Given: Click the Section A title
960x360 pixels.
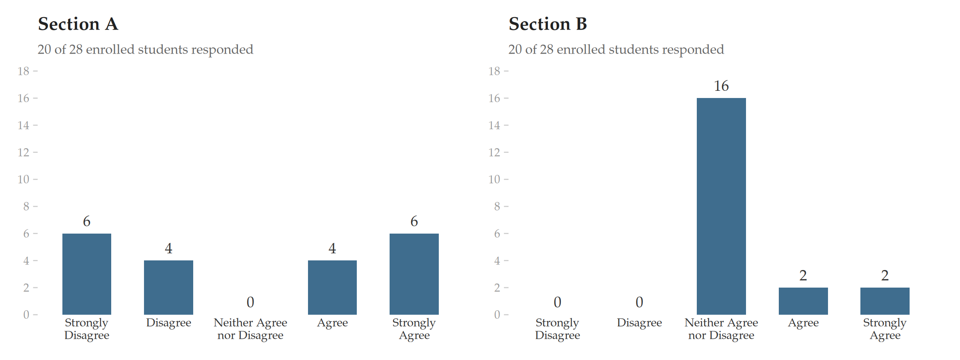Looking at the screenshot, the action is (78, 24).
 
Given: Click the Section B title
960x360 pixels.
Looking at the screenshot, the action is (548, 24).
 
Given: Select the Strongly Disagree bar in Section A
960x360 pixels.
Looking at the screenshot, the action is (87, 274).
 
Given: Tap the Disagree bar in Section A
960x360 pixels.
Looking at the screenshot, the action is (168, 288).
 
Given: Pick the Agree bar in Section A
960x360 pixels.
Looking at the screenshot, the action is (332, 288).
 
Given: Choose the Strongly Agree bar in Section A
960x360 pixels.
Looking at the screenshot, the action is (414, 274).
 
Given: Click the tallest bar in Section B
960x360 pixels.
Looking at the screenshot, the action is (721, 206).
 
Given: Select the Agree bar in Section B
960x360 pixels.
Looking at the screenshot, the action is (803, 301).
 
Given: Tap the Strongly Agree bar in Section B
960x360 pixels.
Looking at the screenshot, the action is (885, 301).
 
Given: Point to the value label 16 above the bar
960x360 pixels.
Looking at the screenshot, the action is (721, 86).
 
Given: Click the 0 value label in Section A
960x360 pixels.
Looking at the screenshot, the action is (250, 302).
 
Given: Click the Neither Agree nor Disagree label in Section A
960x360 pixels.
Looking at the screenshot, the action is (250, 329).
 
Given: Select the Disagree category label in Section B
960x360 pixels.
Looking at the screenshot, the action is (639, 323).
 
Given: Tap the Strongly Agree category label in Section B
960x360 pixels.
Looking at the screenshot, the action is (885, 329).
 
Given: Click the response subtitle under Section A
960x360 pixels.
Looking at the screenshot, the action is (146, 49).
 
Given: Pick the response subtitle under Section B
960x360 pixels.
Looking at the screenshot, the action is (616, 49).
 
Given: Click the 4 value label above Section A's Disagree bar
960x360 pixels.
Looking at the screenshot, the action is (168, 248).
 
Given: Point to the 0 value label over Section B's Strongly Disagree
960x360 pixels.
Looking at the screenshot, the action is (558, 302).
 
